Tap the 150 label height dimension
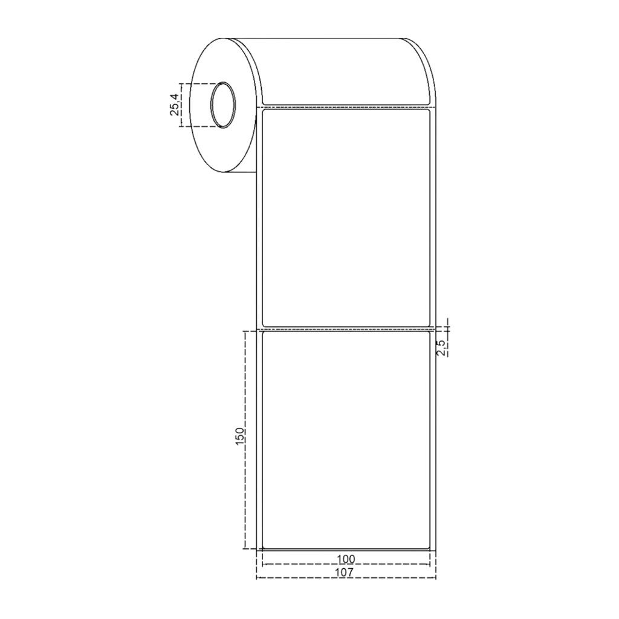pyautogui.click(x=240, y=436)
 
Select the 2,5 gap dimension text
pyautogui.click(x=441, y=348)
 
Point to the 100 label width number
pyautogui.click(x=346, y=559)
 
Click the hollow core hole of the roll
pyautogui.click(x=224, y=105)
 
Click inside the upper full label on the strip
pyautogui.click(x=346, y=217)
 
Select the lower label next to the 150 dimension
pyautogui.click(x=346, y=439)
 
